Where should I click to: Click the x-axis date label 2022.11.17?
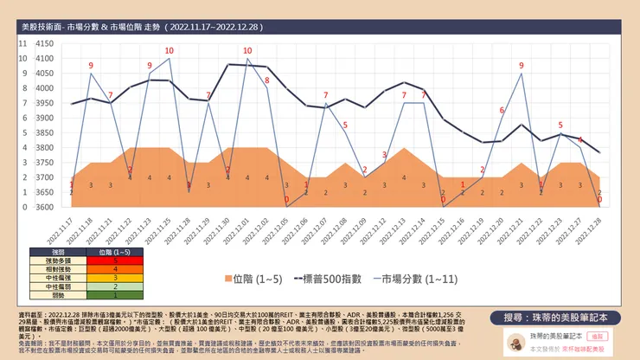point(67,226)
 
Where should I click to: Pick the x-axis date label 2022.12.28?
point(598,226)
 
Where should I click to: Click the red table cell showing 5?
point(115,260)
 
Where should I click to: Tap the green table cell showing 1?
point(115,294)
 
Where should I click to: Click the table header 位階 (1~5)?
point(115,251)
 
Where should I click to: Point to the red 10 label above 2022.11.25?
point(169,50)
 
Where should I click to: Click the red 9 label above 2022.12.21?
point(522,65)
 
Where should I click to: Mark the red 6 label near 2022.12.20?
point(502,110)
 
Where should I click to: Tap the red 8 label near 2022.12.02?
point(266,80)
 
